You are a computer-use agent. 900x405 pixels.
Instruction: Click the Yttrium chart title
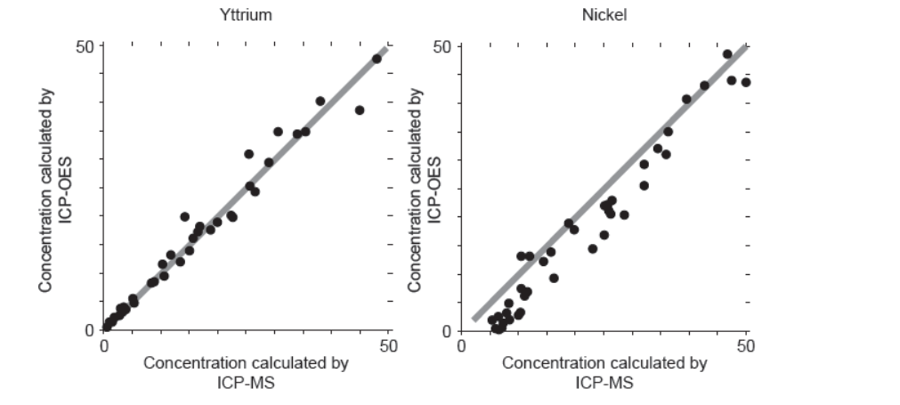(x=246, y=14)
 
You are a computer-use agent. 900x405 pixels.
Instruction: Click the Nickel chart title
(x=604, y=14)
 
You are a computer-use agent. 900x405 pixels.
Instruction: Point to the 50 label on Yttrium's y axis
(x=87, y=46)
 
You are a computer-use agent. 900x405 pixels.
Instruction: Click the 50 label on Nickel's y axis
(x=444, y=46)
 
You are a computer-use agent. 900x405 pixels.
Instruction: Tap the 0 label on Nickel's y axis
(x=449, y=330)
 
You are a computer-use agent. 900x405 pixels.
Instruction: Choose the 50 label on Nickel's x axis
(x=746, y=346)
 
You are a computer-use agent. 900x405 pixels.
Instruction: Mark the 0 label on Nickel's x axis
(x=461, y=346)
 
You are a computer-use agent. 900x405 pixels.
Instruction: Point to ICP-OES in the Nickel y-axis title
(x=433, y=189)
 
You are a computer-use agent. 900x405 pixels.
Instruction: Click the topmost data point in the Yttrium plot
(x=377, y=59)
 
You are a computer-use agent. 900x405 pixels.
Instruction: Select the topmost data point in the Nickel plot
(x=727, y=54)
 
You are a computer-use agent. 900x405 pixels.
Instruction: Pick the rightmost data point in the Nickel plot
(x=746, y=82)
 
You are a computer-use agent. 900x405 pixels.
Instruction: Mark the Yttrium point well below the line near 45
(x=360, y=110)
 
